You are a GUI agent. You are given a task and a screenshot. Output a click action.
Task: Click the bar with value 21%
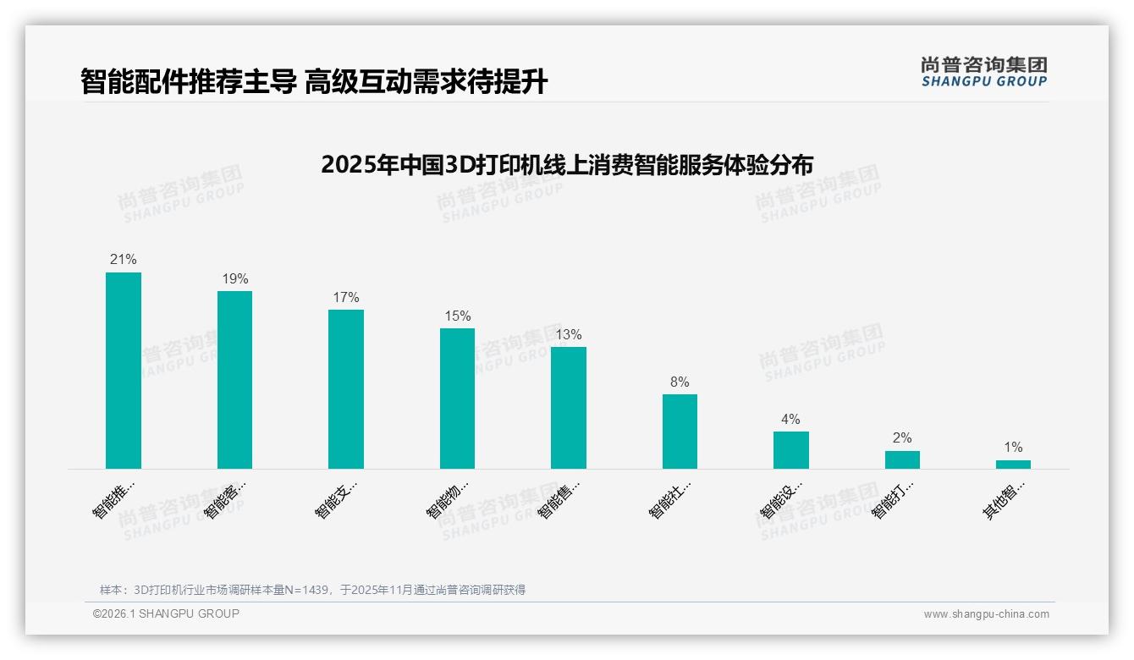pyautogui.click(x=124, y=371)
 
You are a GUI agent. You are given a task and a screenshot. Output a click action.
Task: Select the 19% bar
pyautogui.click(x=234, y=380)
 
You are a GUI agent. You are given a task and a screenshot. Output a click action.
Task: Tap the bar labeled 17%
pyautogui.click(x=346, y=389)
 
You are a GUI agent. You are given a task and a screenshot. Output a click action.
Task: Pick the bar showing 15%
pyautogui.click(x=457, y=399)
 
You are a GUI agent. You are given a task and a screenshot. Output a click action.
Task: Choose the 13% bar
pyautogui.click(x=569, y=408)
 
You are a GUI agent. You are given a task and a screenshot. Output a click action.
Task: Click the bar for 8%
pyautogui.click(x=680, y=432)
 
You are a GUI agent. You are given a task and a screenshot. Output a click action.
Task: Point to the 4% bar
pyautogui.click(x=791, y=450)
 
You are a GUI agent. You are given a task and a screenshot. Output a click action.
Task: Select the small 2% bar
pyautogui.click(x=902, y=459)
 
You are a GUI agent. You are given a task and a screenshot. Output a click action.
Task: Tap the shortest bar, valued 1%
pyautogui.click(x=1013, y=465)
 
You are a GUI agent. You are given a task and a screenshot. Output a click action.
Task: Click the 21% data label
pyautogui.click(x=124, y=260)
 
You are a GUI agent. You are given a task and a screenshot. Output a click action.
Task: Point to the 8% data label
pyautogui.click(x=680, y=382)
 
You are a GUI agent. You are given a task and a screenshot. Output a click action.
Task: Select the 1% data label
pyautogui.click(x=1013, y=448)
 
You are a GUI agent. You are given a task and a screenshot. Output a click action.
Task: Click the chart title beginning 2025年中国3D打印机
pyautogui.click(x=566, y=164)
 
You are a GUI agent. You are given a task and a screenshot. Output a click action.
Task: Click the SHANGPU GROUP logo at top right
pyautogui.click(x=983, y=72)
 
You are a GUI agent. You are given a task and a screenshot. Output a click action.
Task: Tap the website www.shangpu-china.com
pyautogui.click(x=986, y=614)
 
